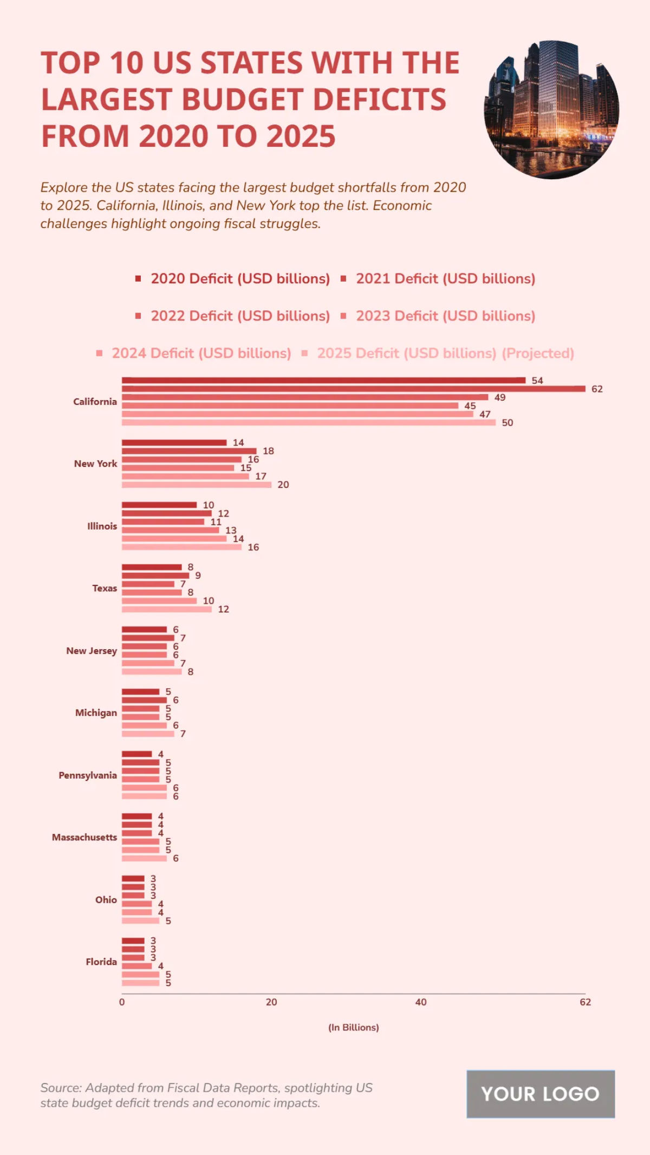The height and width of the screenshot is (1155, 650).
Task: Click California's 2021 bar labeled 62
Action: (x=353, y=389)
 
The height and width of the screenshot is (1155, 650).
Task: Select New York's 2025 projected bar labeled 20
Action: (x=197, y=485)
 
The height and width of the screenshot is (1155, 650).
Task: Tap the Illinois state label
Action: (x=102, y=526)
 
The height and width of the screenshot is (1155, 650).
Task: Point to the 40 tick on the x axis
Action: (x=421, y=1002)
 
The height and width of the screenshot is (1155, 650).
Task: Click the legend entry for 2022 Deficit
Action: (x=240, y=316)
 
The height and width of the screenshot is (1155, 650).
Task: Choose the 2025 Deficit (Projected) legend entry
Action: (x=445, y=353)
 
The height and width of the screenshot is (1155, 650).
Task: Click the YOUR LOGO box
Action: (x=541, y=1094)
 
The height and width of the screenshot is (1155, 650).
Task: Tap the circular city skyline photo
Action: (x=551, y=110)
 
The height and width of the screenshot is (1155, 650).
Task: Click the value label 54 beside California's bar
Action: (x=537, y=381)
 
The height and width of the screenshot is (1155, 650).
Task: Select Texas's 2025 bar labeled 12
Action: (x=167, y=609)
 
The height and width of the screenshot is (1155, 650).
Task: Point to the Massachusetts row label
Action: (x=84, y=837)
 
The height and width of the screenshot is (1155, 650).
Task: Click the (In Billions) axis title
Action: (x=354, y=1027)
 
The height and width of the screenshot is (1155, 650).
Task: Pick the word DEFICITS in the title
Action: (x=379, y=100)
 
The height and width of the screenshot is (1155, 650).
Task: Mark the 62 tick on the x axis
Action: (x=586, y=1002)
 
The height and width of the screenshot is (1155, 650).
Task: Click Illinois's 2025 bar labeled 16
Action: (x=181, y=547)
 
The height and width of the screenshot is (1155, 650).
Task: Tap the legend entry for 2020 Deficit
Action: (x=240, y=278)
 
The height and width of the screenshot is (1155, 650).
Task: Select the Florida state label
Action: (x=101, y=962)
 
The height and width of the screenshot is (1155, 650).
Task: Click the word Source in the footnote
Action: (x=60, y=1088)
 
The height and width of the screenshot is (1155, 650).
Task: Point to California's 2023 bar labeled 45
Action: (x=290, y=406)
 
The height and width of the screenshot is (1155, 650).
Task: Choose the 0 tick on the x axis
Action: (x=122, y=1002)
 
